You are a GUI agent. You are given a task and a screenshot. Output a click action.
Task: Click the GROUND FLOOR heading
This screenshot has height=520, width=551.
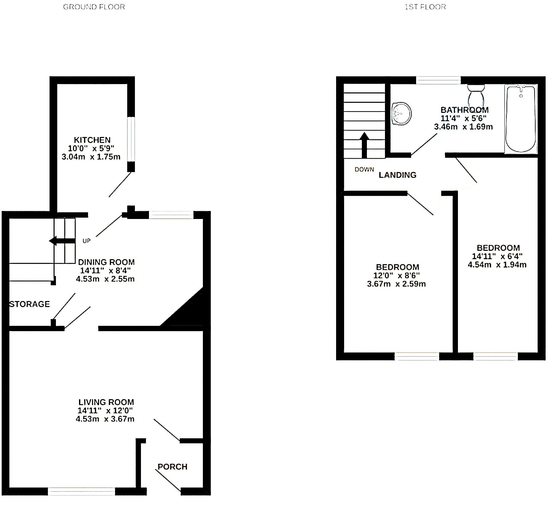point(94,7)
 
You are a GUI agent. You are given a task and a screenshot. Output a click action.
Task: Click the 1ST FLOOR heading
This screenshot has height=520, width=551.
point(425,7)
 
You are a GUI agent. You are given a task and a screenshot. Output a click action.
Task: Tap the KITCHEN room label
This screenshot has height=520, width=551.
point(92,140)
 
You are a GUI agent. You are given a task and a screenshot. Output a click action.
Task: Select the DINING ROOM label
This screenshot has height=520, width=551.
point(106,262)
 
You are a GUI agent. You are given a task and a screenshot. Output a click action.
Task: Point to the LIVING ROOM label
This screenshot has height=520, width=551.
point(106,402)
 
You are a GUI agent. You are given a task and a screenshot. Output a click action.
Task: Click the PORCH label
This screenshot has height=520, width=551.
point(172,467)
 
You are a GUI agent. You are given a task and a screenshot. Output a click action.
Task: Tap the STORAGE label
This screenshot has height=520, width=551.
point(29,304)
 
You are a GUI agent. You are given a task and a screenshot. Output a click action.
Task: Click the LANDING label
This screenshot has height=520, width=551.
point(397,175)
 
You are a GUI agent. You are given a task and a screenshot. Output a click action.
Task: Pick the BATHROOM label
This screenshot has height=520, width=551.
point(465,110)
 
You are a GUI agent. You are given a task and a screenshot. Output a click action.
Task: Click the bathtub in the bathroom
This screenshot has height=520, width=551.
point(521,119)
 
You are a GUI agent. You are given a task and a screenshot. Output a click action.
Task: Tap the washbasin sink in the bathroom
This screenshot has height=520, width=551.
point(401,114)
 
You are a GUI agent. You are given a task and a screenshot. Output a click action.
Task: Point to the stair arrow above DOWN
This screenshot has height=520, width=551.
point(364,145)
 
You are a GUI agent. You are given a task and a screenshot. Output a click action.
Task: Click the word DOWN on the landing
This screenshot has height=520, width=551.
point(364,169)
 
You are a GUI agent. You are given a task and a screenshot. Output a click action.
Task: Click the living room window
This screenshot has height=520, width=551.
point(81,491)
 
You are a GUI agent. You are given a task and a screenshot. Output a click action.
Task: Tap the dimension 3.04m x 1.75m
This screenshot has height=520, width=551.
point(91,157)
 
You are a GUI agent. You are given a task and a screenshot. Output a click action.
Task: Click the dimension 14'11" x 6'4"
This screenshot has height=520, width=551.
point(497,256)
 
